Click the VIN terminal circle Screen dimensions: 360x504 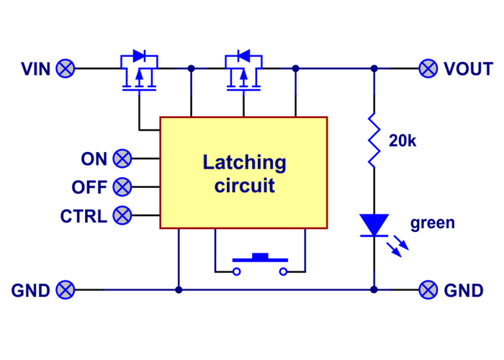(x=66, y=69)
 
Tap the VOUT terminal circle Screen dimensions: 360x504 (x=428, y=69)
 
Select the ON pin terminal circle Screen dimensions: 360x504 (x=123, y=158)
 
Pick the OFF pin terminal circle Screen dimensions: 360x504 (x=123, y=187)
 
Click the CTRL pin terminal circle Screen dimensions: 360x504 (x=123, y=215)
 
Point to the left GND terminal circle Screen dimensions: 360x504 (x=66, y=290)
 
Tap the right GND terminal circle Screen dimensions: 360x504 (x=428, y=290)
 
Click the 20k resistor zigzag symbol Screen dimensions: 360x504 (x=374, y=140)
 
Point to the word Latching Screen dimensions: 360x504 (x=244, y=163)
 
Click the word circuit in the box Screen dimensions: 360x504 (x=244, y=186)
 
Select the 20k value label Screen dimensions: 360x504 (x=402, y=141)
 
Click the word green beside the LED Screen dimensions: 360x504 (x=433, y=222)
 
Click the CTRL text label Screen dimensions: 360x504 (x=84, y=215)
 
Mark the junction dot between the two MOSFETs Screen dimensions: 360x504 (x=191, y=69)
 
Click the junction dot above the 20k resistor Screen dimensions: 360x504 (x=374, y=69)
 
